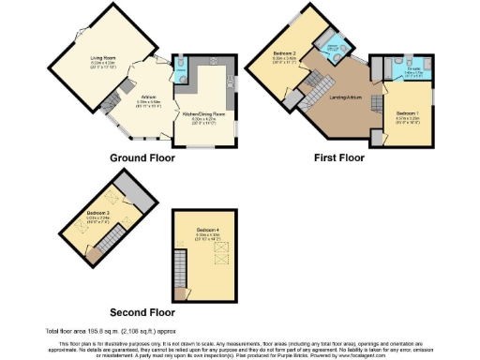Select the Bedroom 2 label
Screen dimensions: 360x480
[x=285, y=54]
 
